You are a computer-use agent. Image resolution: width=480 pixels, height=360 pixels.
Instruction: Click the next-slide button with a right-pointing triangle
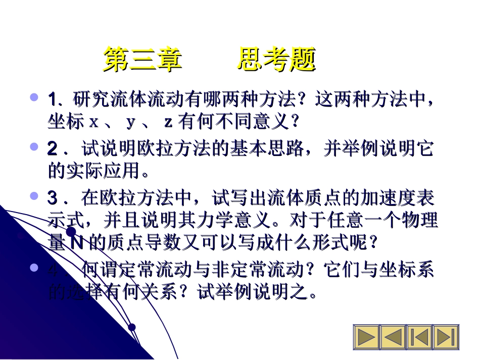click(x=366, y=337)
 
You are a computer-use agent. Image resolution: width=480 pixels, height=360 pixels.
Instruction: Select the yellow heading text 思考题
click(x=276, y=60)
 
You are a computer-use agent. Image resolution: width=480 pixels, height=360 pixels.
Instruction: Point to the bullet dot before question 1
click(x=34, y=96)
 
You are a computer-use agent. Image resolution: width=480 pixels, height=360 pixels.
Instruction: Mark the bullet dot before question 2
click(x=34, y=147)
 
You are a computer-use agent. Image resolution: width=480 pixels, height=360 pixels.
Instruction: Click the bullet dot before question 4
click(x=34, y=267)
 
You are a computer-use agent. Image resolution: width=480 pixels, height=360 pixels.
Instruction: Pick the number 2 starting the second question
click(x=53, y=149)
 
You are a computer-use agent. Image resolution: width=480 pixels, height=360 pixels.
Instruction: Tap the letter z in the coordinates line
click(x=169, y=123)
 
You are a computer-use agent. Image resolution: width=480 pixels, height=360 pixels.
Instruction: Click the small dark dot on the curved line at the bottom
click(x=132, y=327)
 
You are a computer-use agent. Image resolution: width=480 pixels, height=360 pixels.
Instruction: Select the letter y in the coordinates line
click(x=131, y=123)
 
